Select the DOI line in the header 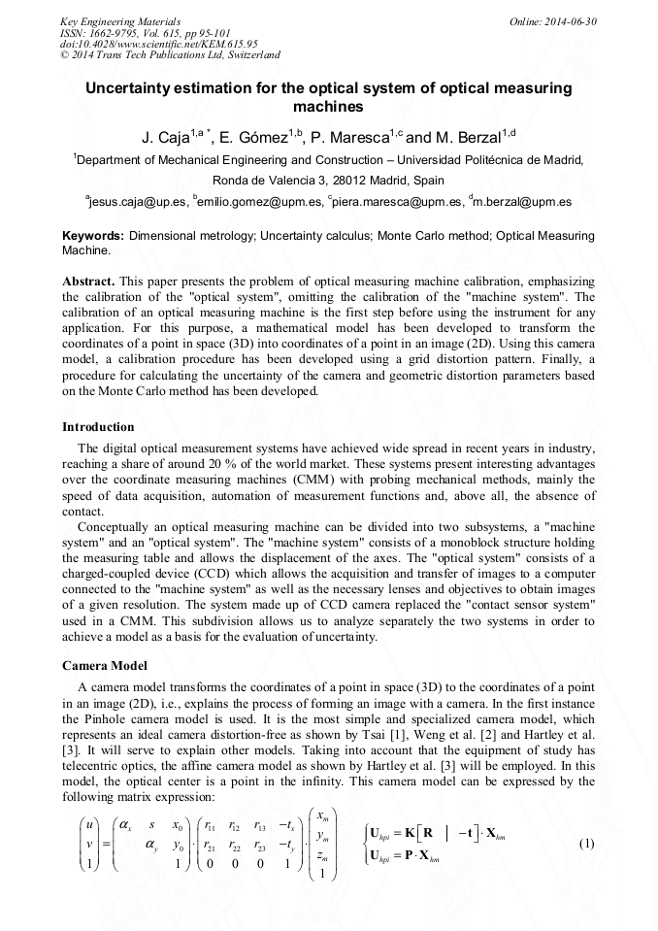[x=159, y=44]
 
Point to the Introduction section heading [x=98, y=427]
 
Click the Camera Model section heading [x=104, y=666]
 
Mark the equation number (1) [x=586, y=844]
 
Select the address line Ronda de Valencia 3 [x=328, y=181]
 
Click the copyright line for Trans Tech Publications [x=171, y=55]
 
